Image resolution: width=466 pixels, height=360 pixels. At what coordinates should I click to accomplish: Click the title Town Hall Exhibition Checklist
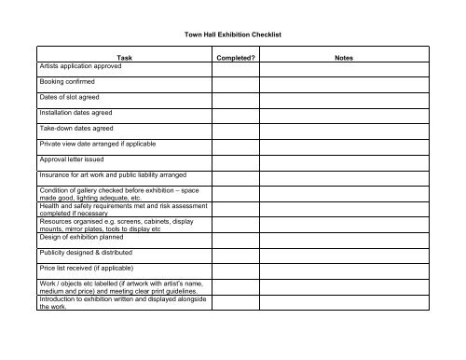pos(233,35)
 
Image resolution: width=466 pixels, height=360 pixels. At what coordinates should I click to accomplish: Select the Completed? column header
pos(237,58)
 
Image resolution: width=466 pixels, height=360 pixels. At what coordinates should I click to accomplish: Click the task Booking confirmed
pos(68,82)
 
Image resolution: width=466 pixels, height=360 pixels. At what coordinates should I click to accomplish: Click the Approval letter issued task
pos(72,159)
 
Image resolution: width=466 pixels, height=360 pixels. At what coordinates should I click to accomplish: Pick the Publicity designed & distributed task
pos(87,252)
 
